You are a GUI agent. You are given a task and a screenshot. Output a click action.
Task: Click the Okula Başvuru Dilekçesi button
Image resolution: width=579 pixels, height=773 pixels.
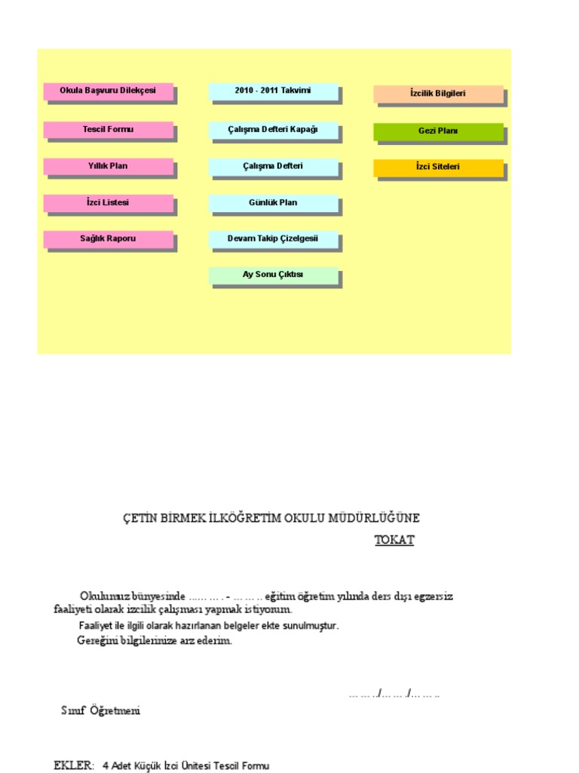click(x=108, y=91)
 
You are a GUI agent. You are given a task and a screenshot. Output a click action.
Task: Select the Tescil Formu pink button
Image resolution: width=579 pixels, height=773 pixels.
click(x=108, y=130)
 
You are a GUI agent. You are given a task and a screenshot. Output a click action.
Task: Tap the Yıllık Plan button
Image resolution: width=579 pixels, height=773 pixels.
click(x=108, y=166)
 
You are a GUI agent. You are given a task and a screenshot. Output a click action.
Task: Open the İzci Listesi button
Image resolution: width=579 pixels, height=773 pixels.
click(x=108, y=203)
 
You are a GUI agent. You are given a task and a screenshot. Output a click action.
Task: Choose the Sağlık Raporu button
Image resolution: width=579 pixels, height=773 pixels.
click(x=108, y=239)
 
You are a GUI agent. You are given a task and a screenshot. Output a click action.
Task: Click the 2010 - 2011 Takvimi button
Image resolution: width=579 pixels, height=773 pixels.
click(x=273, y=91)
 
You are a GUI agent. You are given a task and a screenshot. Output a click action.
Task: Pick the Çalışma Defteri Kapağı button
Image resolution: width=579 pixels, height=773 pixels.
click(x=273, y=130)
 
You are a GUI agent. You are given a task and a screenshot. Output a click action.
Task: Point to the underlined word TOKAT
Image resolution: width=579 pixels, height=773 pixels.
click(x=394, y=540)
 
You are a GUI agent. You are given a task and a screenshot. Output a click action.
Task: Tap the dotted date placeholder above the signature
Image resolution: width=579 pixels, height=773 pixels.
click(x=394, y=693)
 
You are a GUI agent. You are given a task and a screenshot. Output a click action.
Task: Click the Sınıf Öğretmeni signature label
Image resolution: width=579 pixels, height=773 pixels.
click(x=100, y=711)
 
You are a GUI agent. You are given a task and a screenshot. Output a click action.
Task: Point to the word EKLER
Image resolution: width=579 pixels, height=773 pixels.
click(x=73, y=765)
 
